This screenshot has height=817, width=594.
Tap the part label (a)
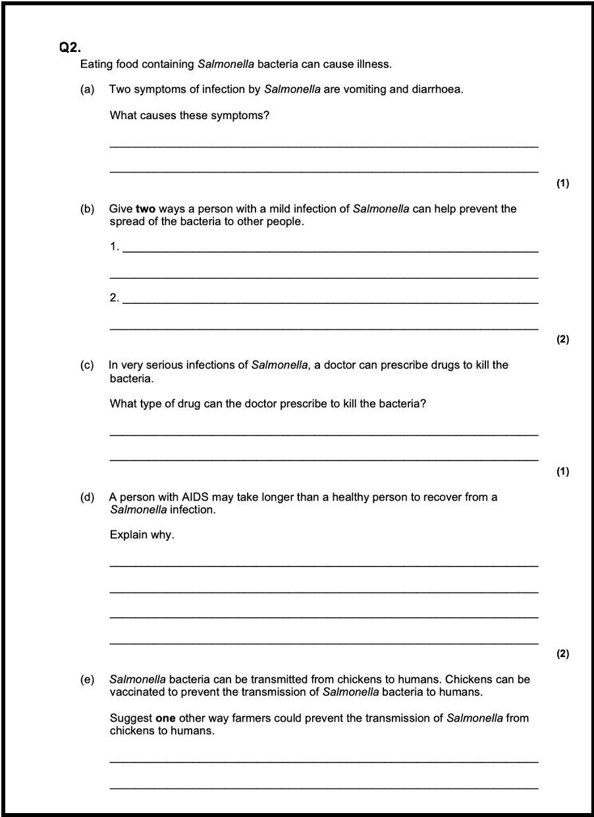[x=87, y=89]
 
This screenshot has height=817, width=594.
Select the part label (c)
[x=87, y=365]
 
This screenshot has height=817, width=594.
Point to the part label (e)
[x=87, y=679]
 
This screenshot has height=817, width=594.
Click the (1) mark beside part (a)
[x=562, y=184]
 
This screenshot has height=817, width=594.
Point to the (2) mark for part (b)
[x=562, y=339]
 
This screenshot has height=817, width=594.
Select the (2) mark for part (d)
[x=562, y=654]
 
